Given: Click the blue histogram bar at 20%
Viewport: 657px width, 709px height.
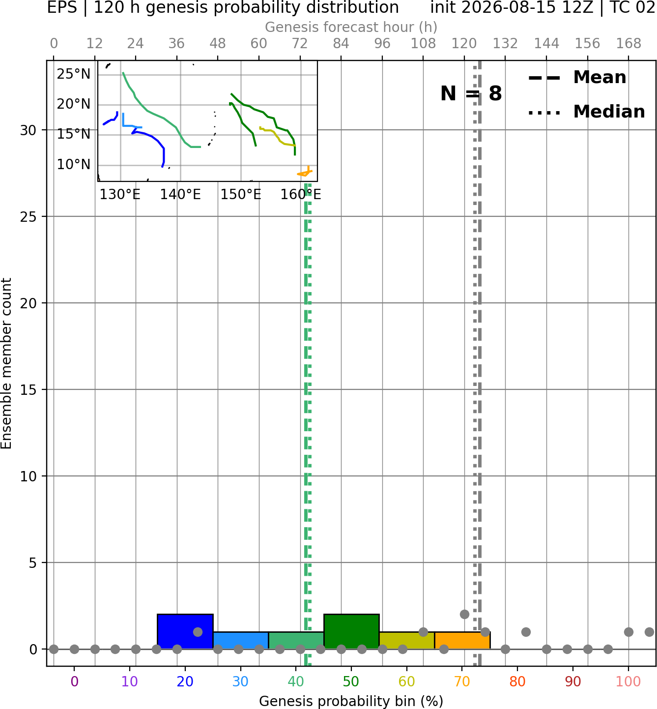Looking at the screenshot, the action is click(x=185, y=631).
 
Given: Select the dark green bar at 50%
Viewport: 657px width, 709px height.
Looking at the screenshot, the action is click(x=351, y=631).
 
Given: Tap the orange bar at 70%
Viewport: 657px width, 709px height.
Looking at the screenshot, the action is click(x=462, y=640).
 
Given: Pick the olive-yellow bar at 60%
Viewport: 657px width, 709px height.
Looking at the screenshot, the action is click(x=407, y=640).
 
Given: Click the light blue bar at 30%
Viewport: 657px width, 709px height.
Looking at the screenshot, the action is click(x=240, y=640).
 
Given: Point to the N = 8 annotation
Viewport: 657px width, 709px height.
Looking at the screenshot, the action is click(x=471, y=93).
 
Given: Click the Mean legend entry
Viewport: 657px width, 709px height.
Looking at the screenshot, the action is click(x=577, y=78).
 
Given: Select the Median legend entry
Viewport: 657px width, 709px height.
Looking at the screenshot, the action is click(x=586, y=112).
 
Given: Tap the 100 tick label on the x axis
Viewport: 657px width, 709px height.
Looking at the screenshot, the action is click(x=628, y=681).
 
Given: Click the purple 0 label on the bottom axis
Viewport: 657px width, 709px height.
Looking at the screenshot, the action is click(x=74, y=681).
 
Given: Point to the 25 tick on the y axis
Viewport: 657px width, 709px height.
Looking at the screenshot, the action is click(x=29, y=217).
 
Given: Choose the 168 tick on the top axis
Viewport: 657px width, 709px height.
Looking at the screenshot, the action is click(x=628, y=44).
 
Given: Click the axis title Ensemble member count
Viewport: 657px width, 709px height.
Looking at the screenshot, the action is click(x=6, y=363).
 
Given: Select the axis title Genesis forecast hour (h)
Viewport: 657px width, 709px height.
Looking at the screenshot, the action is click(x=351, y=27).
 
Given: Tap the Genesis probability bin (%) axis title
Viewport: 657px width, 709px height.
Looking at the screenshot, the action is click(x=351, y=701).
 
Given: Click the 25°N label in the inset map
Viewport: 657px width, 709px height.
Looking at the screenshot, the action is click(x=74, y=74).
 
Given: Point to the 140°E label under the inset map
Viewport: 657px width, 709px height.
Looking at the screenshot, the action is click(x=180, y=195).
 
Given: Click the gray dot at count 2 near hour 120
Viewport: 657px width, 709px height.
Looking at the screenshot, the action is click(x=464, y=614).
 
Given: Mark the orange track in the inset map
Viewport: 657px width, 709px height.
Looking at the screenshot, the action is click(x=306, y=173).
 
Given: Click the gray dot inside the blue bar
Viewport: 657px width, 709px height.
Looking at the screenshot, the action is click(x=198, y=631).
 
